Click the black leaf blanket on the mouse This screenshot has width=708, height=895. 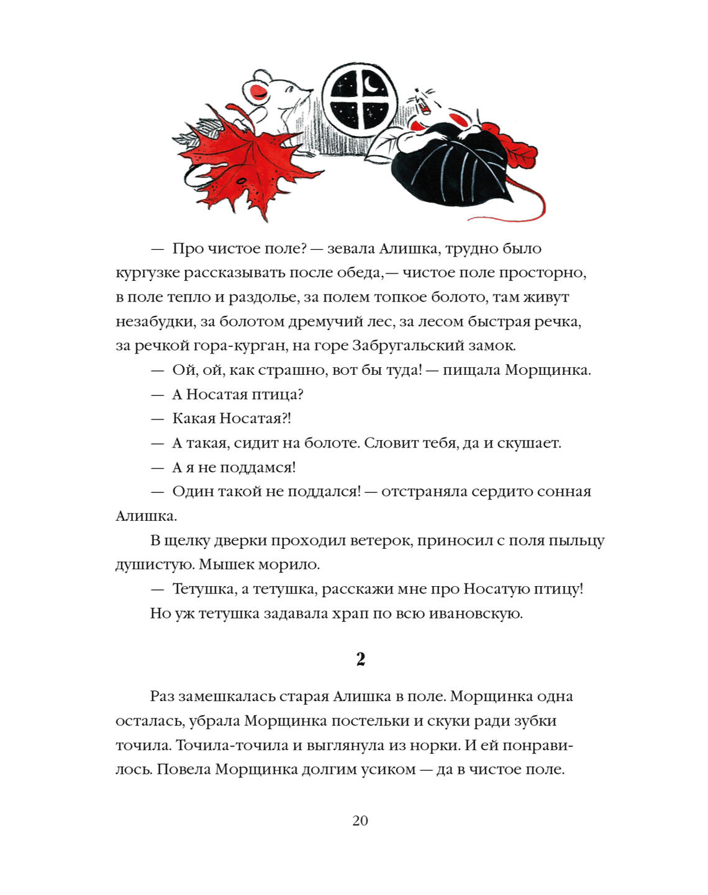click(x=453, y=165)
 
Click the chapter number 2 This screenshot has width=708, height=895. click(x=361, y=659)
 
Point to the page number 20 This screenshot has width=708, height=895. click(x=360, y=820)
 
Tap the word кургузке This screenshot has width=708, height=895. click(x=147, y=273)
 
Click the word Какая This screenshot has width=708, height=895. click(x=194, y=418)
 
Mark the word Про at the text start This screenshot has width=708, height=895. click(x=188, y=249)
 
